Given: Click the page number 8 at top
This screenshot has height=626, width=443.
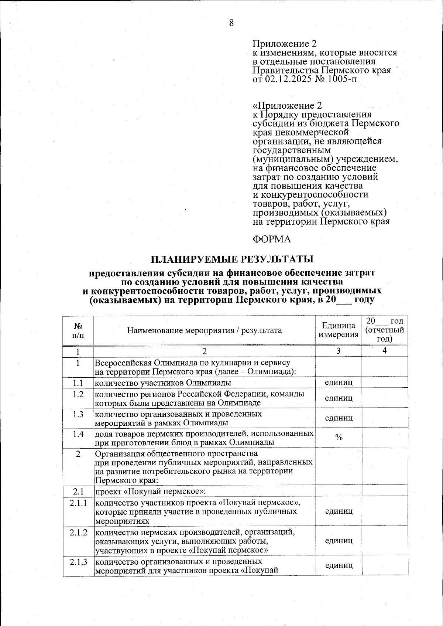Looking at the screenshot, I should [x=231, y=23].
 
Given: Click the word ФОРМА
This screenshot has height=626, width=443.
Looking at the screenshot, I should [x=272, y=239].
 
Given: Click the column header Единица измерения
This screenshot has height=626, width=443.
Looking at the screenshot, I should [x=339, y=330].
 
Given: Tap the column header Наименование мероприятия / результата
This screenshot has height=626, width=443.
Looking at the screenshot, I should [x=205, y=330].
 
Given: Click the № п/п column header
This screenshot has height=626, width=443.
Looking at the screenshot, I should [x=78, y=330].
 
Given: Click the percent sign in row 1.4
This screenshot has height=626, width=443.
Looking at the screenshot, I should [x=339, y=438].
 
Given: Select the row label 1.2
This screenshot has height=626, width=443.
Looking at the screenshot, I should [x=78, y=394].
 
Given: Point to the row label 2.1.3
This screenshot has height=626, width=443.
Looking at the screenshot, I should [x=78, y=562].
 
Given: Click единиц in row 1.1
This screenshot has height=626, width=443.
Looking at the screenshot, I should [x=339, y=382].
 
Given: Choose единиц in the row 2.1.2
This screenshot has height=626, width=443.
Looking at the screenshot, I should [x=339, y=541].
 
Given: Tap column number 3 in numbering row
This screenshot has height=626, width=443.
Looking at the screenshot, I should [x=339, y=351].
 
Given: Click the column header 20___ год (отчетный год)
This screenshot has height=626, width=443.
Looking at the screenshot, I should [x=385, y=330].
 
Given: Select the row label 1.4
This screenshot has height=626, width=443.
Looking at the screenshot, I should [x=78, y=434].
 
